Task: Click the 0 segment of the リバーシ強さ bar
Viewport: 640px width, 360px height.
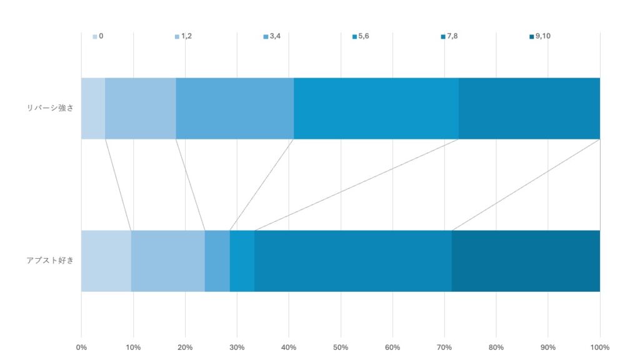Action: pos(93,108)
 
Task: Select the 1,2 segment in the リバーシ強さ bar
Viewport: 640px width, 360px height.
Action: pos(141,108)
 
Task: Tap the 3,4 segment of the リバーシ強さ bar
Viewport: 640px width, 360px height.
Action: pos(235,108)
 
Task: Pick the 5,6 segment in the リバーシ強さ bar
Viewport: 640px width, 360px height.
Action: pos(376,108)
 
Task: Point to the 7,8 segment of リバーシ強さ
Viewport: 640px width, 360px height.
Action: pos(529,108)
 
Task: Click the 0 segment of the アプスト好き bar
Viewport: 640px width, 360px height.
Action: pos(106,261)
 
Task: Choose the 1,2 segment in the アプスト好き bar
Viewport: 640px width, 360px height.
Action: pos(168,261)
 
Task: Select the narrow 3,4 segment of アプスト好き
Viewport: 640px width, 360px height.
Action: pos(217,261)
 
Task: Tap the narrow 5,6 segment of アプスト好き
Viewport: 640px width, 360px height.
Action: pos(242,261)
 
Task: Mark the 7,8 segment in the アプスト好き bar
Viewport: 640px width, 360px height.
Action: pos(353,261)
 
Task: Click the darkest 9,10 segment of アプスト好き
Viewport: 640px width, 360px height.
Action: pos(526,261)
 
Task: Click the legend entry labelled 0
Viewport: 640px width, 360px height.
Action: pos(98,36)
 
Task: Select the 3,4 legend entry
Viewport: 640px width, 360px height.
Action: pos(272,36)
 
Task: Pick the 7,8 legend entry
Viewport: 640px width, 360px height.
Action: pos(449,36)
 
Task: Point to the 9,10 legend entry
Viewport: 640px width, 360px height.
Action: pos(539,36)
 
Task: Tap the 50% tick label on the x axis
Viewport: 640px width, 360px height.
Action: pos(341,347)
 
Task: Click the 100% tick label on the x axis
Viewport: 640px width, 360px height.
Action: pos(599,347)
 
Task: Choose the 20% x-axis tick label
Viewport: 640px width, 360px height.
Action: pos(185,347)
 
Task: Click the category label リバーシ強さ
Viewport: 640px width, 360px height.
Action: pos(50,108)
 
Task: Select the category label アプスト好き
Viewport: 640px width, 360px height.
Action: pos(50,261)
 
